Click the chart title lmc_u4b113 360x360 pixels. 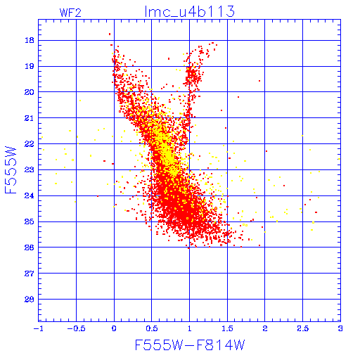[x=189, y=12]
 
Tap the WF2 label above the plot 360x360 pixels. [x=70, y=13]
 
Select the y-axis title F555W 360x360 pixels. [x=11, y=170]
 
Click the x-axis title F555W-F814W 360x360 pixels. [x=190, y=345]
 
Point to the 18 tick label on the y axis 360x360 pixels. [x=30, y=40]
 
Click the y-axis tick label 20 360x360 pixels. [x=30, y=92]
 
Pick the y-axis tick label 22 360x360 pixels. [x=30, y=144]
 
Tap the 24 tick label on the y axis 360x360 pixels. [x=30, y=195]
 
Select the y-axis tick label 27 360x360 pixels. [x=30, y=274]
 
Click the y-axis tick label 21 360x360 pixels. [x=30, y=118]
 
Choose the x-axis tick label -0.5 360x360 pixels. [x=76, y=328]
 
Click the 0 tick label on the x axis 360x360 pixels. [x=114, y=328]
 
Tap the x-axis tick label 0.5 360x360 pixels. [x=152, y=328]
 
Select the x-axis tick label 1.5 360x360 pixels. [x=227, y=328]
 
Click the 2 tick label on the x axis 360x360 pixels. [x=265, y=328]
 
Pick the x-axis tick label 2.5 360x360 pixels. [x=302, y=328]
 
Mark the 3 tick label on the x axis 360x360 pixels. [x=340, y=328]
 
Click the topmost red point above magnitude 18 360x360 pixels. [x=110, y=34]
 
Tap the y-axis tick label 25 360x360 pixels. [x=30, y=221]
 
